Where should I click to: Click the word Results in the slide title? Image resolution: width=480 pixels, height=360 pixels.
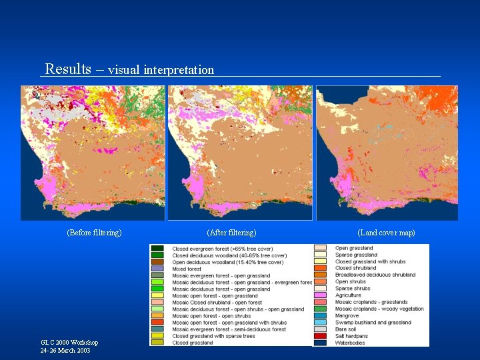click(x=68, y=69)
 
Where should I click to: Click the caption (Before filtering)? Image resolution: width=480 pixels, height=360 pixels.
click(x=94, y=233)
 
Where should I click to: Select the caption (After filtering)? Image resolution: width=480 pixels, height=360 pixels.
click(x=231, y=233)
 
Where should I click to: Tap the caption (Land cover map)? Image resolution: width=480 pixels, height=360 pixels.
click(x=386, y=233)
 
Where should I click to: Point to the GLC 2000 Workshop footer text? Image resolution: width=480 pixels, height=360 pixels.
click(x=69, y=343)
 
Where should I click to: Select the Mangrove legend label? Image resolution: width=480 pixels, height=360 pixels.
click(x=347, y=316)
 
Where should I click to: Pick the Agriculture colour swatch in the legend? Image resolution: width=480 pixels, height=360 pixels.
click(x=319, y=295)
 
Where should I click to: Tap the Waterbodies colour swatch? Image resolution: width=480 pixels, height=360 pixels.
click(x=319, y=343)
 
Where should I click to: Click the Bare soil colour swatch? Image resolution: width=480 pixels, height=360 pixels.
click(x=319, y=329)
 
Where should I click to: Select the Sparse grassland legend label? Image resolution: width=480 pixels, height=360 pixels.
click(x=356, y=255)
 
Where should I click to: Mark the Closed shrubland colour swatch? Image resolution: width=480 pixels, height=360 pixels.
click(x=319, y=269)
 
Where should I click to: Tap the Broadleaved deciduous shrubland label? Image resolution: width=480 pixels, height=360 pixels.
click(x=375, y=275)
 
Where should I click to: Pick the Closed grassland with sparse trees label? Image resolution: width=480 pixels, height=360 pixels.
click(x=213, y=336)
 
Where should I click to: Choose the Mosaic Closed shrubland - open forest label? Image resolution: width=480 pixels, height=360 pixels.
click(x=217, y=303)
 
